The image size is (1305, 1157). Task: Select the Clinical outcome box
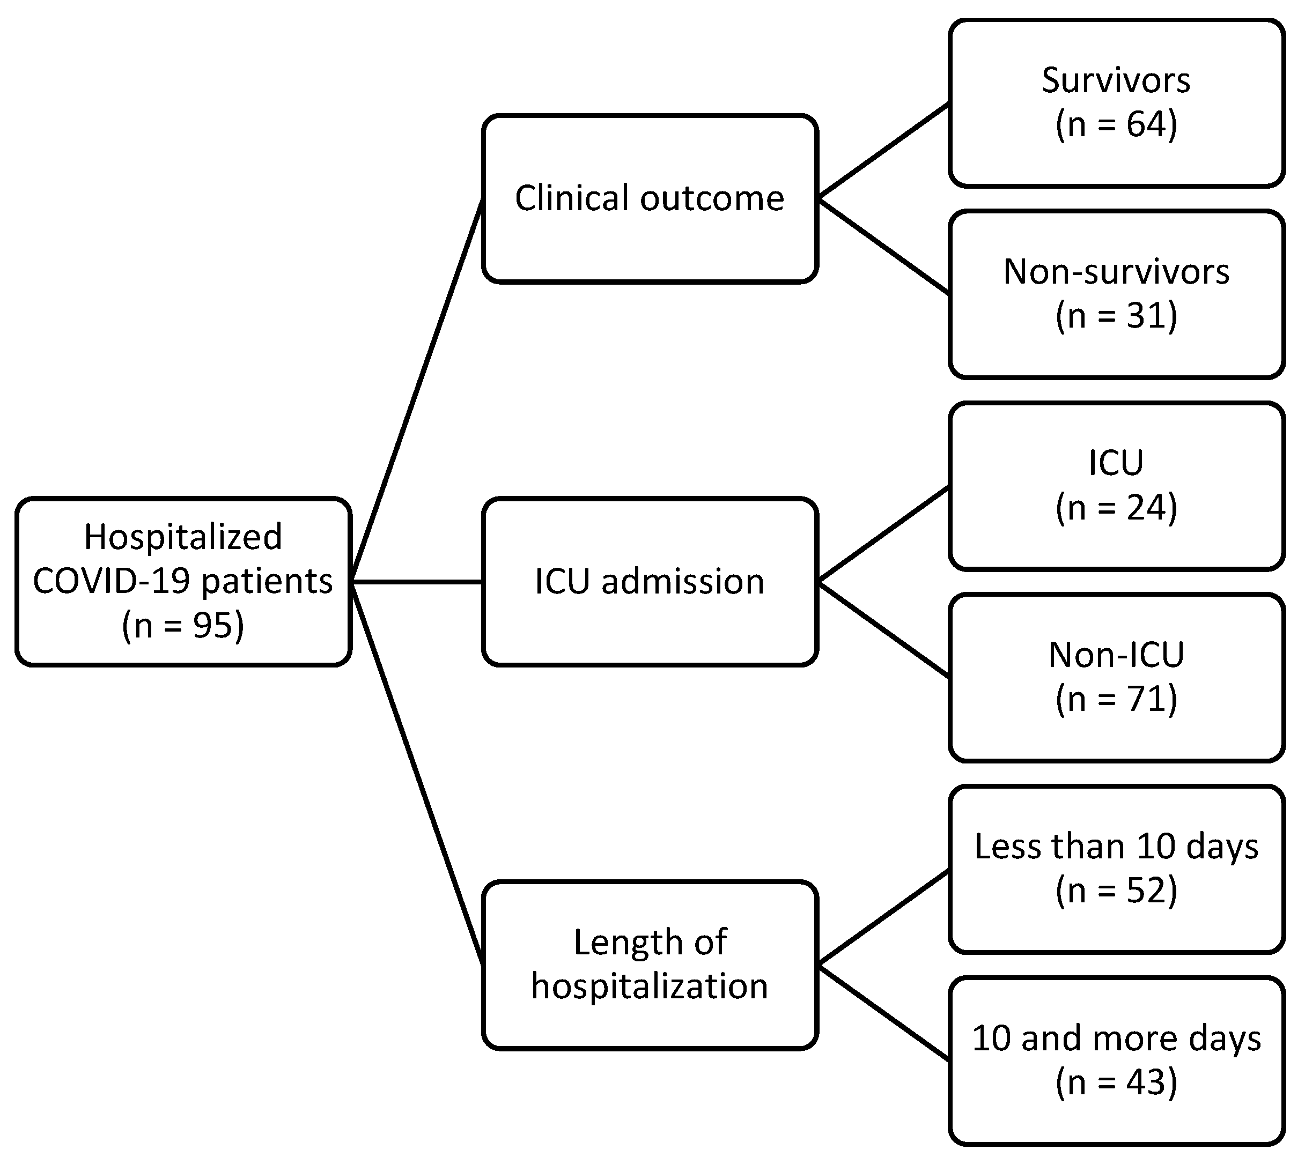click(x=650, y=198)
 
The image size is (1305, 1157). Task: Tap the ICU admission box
click(x=650, y=581)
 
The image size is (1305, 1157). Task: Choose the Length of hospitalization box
click(x=650, y=965)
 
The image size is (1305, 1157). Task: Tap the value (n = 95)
click(x=183, y=625)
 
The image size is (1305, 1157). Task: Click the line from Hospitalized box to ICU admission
click(x=417, y=581)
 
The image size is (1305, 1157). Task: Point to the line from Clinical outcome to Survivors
click(x=883, y=151)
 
